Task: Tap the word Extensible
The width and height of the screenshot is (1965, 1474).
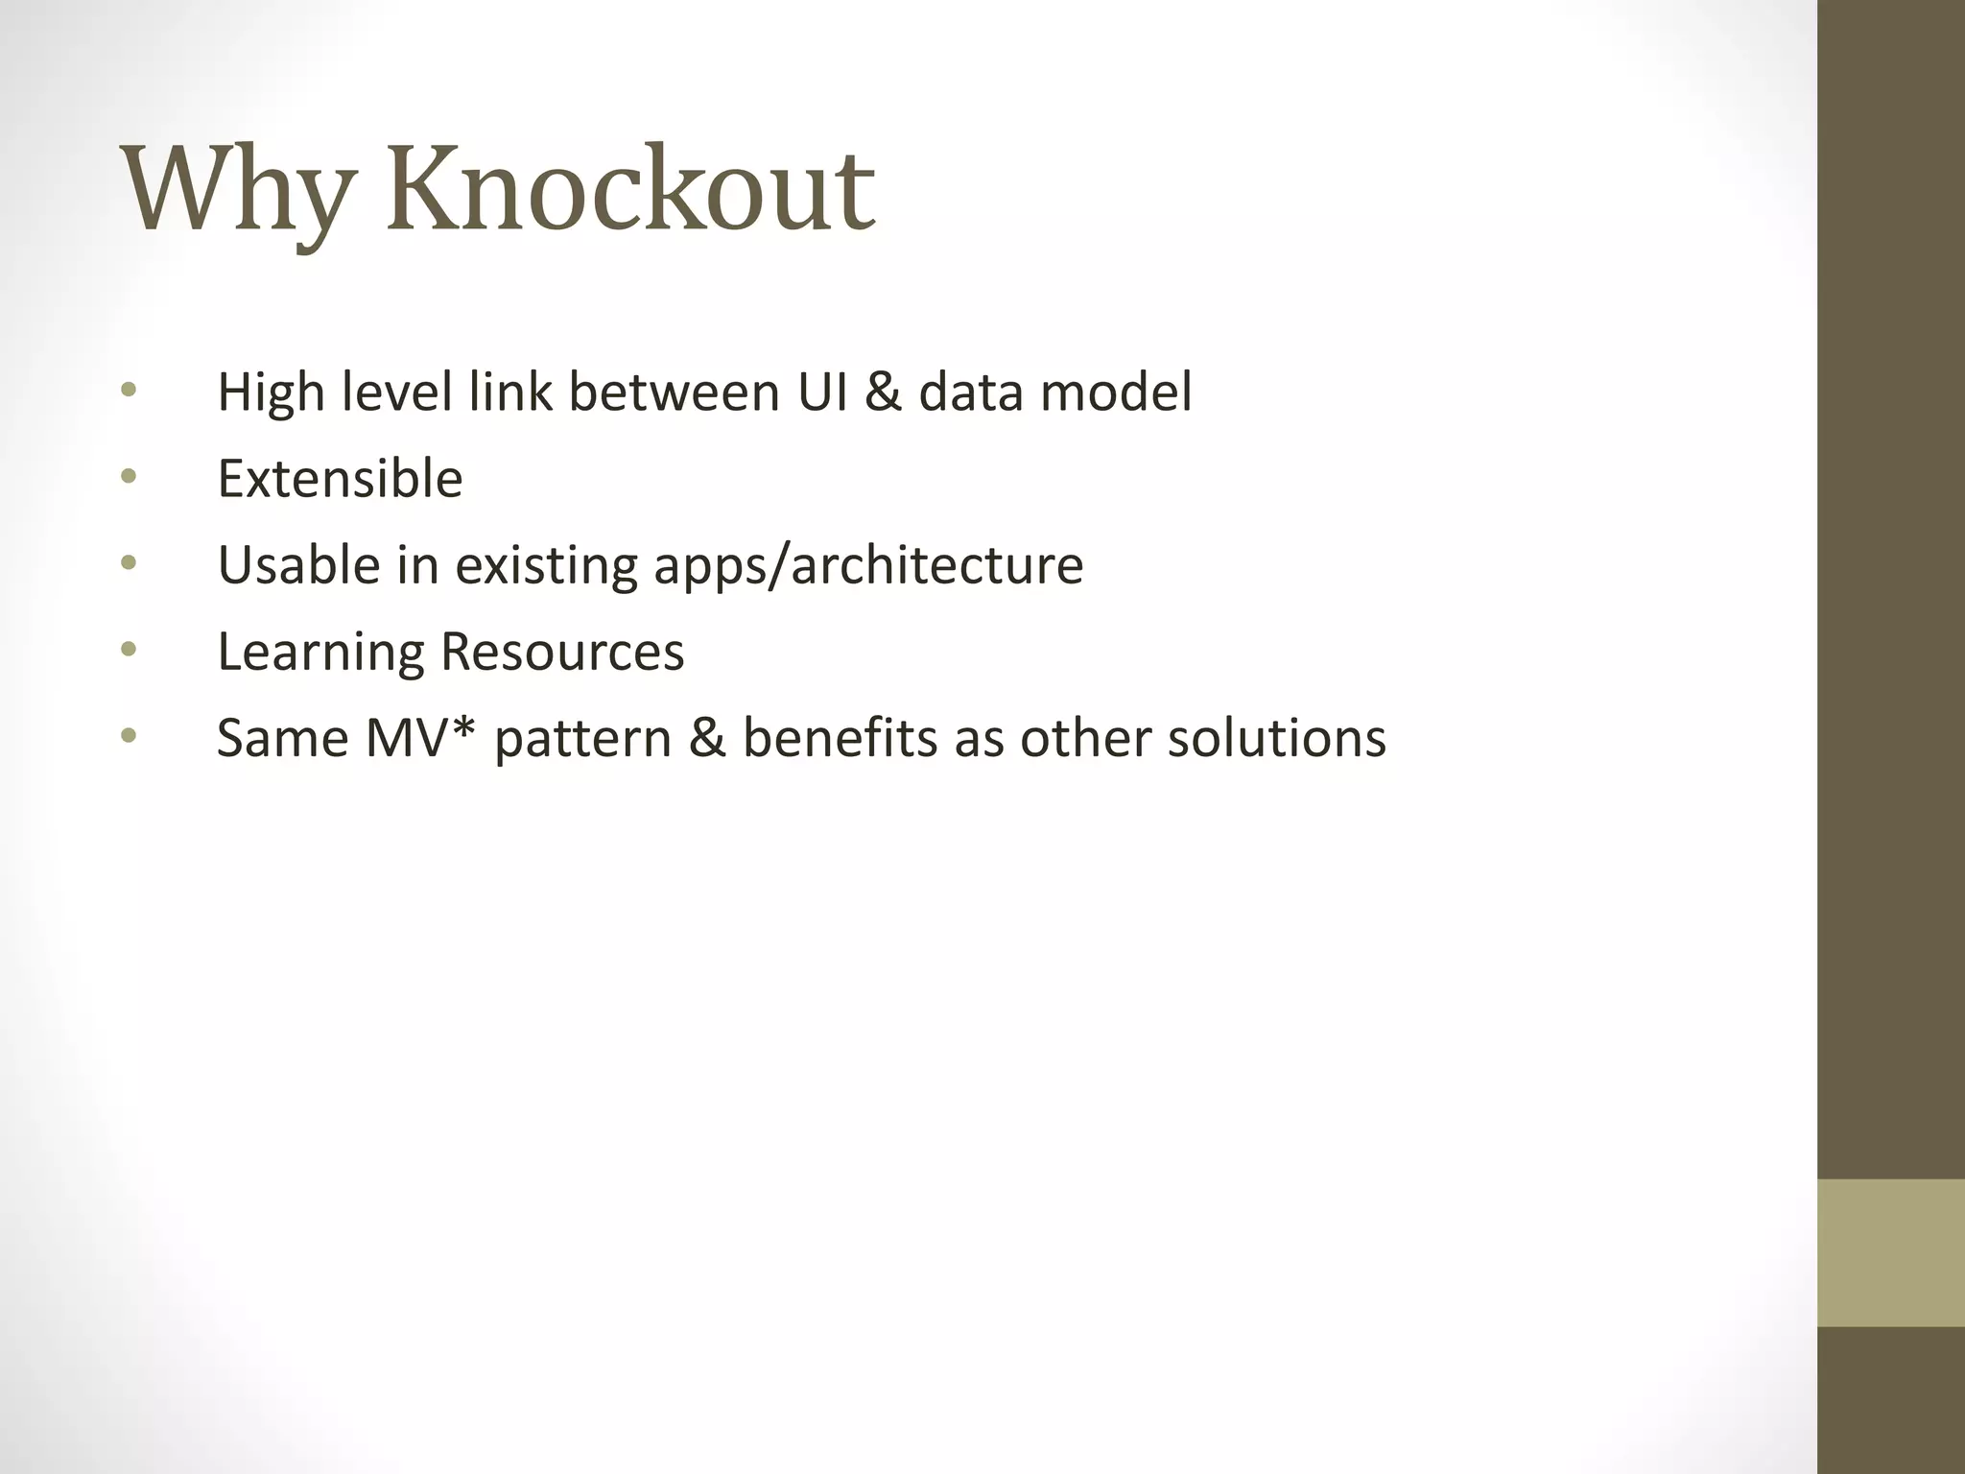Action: coord(340,478)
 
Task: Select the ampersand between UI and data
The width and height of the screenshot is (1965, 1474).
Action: coord(883,392)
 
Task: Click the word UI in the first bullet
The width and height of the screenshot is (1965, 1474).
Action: coord(822,392)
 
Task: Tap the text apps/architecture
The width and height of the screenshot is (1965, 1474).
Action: coord(868,566)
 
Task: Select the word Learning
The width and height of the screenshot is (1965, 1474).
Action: coord(320,653)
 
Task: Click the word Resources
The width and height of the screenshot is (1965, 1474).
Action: coord(562,651)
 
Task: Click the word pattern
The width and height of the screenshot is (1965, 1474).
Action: coord(582,739)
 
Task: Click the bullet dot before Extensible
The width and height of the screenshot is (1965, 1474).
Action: coord(130,476)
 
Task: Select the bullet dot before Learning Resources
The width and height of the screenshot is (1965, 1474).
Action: coord(130,650)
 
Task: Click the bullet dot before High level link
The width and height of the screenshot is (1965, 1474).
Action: coord(130,390)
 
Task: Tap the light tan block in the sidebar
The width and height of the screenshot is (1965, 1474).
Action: coord(1890,1252)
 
